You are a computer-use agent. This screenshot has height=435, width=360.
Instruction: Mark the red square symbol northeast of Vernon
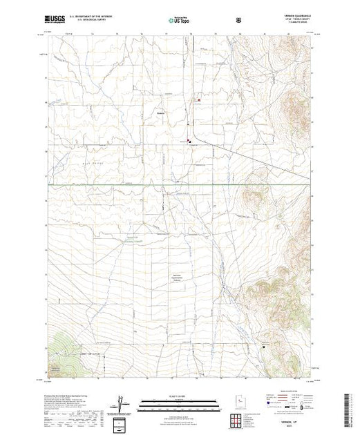pos(200,100)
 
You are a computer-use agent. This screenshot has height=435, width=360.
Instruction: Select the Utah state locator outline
pos(237,401)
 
